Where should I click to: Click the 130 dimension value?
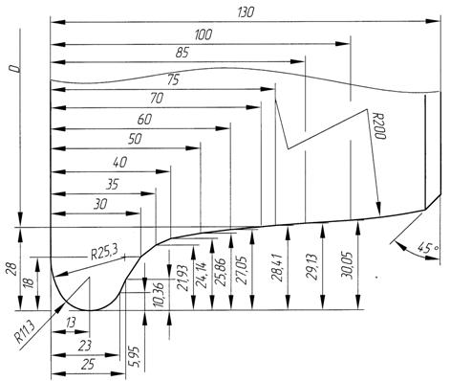(246, 12)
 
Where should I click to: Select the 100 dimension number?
(203, 34)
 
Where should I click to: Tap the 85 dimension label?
(182, 53)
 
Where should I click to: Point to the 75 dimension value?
(173, 79)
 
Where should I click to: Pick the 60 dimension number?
(144, 120)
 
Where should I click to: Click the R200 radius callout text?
(379, 125)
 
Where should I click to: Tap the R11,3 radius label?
(26, 332)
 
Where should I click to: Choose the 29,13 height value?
(312, 267)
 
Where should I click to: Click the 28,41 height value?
(277, 268)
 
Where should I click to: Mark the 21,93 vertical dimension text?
(182, 278)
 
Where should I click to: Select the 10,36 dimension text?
(159, 295)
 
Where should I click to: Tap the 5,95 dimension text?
(135, 356)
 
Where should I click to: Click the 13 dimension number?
(71, 323)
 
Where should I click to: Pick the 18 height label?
(29, 282)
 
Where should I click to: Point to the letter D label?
(14, 69)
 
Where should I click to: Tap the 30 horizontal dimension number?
(100, 204)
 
